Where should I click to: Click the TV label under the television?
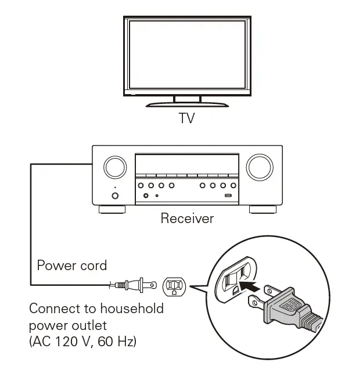(x=186, y=119)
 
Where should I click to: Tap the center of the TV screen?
(x=186, y=56)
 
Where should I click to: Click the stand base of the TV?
(x=186, y=105)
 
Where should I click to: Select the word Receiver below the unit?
(x=187, y=218)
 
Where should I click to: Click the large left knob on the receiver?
(x=115, y=167)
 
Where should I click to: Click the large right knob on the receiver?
(x=259, y=167)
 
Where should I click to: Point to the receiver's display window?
(x=186, y=163)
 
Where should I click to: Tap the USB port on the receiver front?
(x=229, y=196)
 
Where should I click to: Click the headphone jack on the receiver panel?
(x=146, y=196)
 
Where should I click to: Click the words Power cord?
(x=72, y=265)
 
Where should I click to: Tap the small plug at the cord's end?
(x=138, y=285)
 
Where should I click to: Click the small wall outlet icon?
(x=174, y=285)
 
